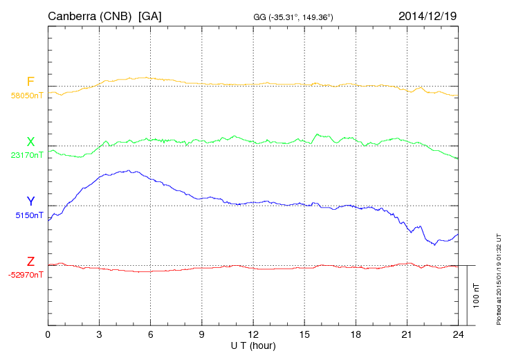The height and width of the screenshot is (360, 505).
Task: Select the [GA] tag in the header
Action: click(x=150, y=15)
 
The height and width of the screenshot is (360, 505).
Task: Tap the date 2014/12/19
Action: click(x=428, y=15)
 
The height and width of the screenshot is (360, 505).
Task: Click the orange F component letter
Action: click(x=30, y=82)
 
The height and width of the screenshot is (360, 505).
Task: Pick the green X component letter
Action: click(x=30, y=142)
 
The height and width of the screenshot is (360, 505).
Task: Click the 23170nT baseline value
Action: click(x=26, y=156)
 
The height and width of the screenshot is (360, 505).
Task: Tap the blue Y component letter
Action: click(x=30, y=201)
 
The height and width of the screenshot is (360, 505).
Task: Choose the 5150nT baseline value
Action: click(x=29, y=215)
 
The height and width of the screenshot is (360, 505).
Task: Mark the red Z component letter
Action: click(x=30, y=262)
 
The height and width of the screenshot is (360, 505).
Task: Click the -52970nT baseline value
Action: click(x=26, y=276)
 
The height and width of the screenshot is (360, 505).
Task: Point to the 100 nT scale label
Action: click(x=477, y=295)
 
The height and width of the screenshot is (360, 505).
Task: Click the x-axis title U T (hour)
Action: click(x=253, y=345)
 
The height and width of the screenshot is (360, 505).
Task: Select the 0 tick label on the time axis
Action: click(x=48, y=335)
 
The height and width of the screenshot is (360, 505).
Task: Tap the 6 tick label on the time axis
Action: click(x=150, y=335)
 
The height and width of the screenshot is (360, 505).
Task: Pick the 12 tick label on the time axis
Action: click(x=253, y=335)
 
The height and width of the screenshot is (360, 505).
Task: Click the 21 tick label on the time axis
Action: click(x=407, y=335)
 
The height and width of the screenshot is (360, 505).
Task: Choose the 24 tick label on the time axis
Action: click(x=458, y=335)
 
